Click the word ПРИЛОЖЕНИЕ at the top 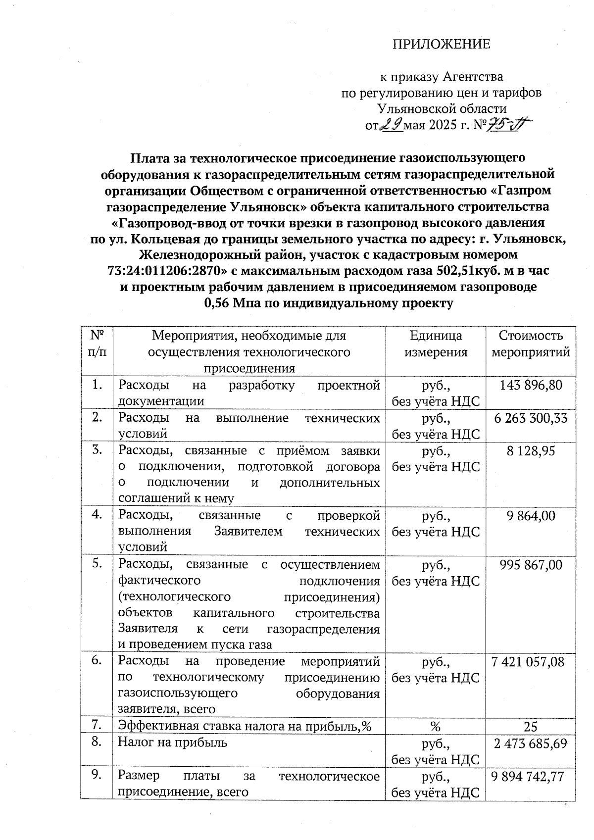441,45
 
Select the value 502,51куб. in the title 468,271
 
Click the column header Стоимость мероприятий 531,344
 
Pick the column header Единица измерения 436,344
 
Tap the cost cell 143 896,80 531,385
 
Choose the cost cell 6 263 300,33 531,418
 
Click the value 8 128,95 531,451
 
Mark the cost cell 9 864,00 531,516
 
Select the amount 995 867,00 531,565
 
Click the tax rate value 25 531,726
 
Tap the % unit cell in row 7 435,726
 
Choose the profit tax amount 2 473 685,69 531,743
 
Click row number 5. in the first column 97,564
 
